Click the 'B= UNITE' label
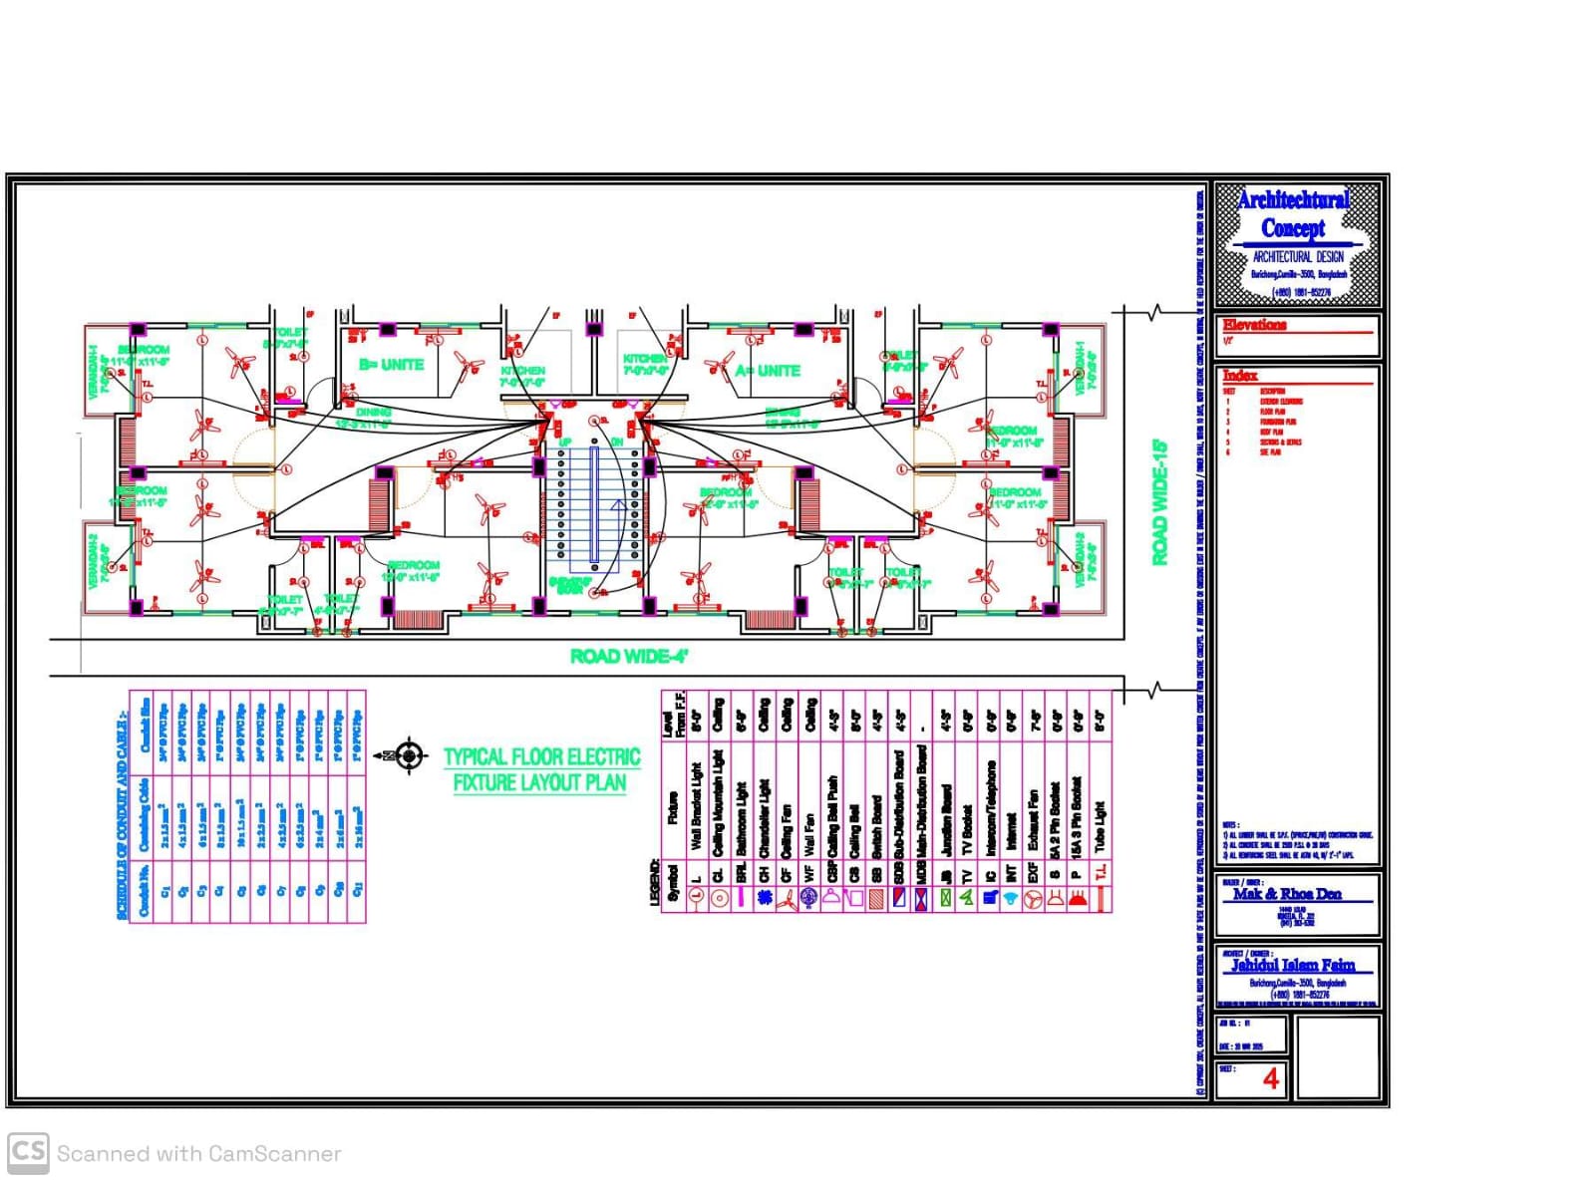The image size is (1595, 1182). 391,365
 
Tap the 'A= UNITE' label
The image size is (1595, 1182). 768,371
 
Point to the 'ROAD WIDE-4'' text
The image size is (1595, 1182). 629,656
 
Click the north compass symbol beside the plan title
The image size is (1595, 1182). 408,756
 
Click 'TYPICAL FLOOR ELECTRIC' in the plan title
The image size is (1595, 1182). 541,757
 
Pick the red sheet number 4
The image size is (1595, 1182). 1270,1078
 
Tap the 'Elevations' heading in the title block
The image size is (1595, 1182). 1254,325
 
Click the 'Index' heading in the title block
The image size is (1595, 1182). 1240,376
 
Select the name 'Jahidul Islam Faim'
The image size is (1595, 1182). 1292,965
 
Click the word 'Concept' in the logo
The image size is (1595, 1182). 1293,228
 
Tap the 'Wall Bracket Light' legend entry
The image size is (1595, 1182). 696,807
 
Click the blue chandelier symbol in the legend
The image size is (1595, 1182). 765,898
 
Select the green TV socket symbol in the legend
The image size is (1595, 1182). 966,898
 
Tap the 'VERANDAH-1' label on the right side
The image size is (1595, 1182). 1079,367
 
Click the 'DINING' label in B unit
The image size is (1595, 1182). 373,412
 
